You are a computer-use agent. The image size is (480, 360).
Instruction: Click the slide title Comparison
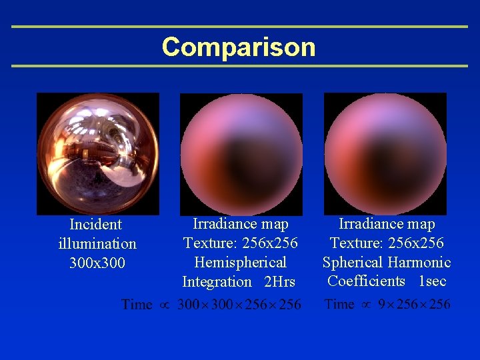pyautogui.click(x=238, y=47)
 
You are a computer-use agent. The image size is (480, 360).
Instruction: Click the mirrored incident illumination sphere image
pyautogui.click(x=98, y=153)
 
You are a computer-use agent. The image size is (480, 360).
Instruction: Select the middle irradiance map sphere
pyautogui.click(x=241, y=154)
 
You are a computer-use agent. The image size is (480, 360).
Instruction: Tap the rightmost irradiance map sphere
pyautogui.click(x=385, y=153)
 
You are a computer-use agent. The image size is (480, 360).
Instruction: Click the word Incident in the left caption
pyautogui.click(x=96, y=225)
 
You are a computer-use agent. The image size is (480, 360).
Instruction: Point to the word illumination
pyautogui.click(x=97, y=244)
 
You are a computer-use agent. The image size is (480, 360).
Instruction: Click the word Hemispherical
pyautogui.click(x=240, y=263)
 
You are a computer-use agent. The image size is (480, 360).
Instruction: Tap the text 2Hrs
pyautogui.click(x=279, y=282)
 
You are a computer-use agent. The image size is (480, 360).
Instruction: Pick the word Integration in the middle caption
pyautogui.click(x=217, y=282)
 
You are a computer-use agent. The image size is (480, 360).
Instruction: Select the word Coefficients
pyautogui.click(x=366, y=281)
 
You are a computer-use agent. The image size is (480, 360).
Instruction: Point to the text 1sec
pyautogui.click(x=432, y=281)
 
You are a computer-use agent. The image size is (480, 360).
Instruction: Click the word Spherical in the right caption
pyautogui.click(x=352, y=263)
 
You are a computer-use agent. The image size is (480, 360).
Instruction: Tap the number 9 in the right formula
pyautogui.click(x=382, y=305)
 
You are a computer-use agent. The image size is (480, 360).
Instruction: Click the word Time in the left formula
pyautogui.click(x=137, y=305)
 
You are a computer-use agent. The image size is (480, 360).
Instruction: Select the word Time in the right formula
pyautogui.click(x=339, y=305)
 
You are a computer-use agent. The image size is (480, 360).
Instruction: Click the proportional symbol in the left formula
pyautogui.click(x=164, y=305)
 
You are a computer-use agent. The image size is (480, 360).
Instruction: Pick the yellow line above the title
pyautogui.click(x=240, y=27)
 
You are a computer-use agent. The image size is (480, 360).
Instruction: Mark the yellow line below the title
pyautogui.click(x=240, y=66)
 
